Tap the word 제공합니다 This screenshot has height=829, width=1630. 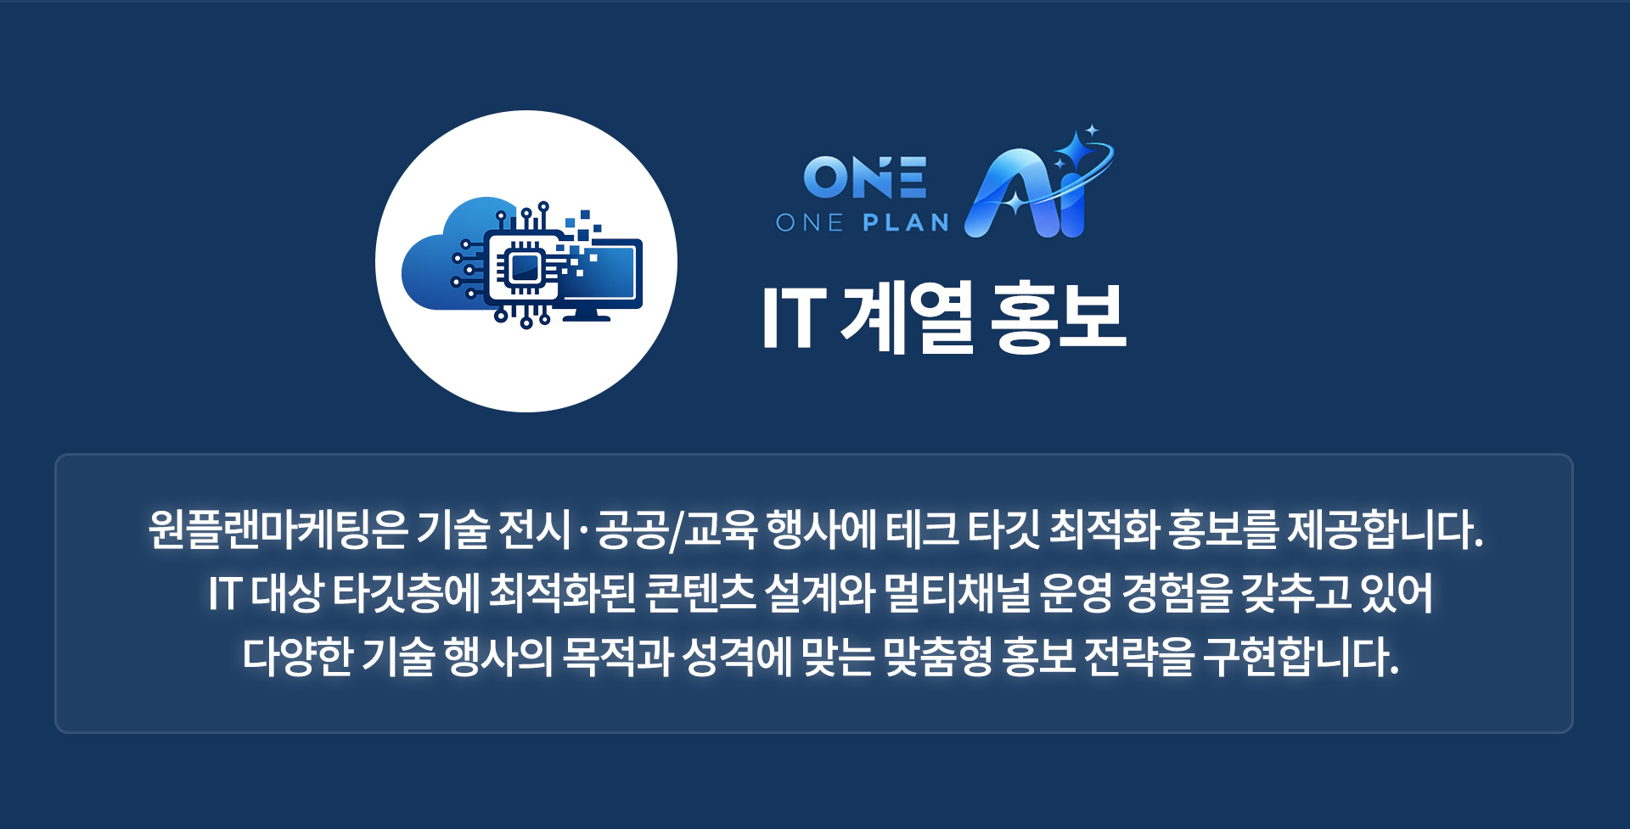click(x=1384, y=529)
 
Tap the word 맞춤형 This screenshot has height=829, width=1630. click(x=937, y=657)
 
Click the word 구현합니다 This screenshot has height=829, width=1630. click(x=1301, y=657)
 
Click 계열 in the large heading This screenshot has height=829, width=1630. click(x=906, y=318)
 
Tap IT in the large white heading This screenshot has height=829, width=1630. click(x=794, y=318)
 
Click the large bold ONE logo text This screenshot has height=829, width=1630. click(x=864, y=177)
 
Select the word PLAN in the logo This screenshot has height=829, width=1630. click(x=906, y=223)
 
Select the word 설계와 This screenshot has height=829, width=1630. click(x=819, y=593)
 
